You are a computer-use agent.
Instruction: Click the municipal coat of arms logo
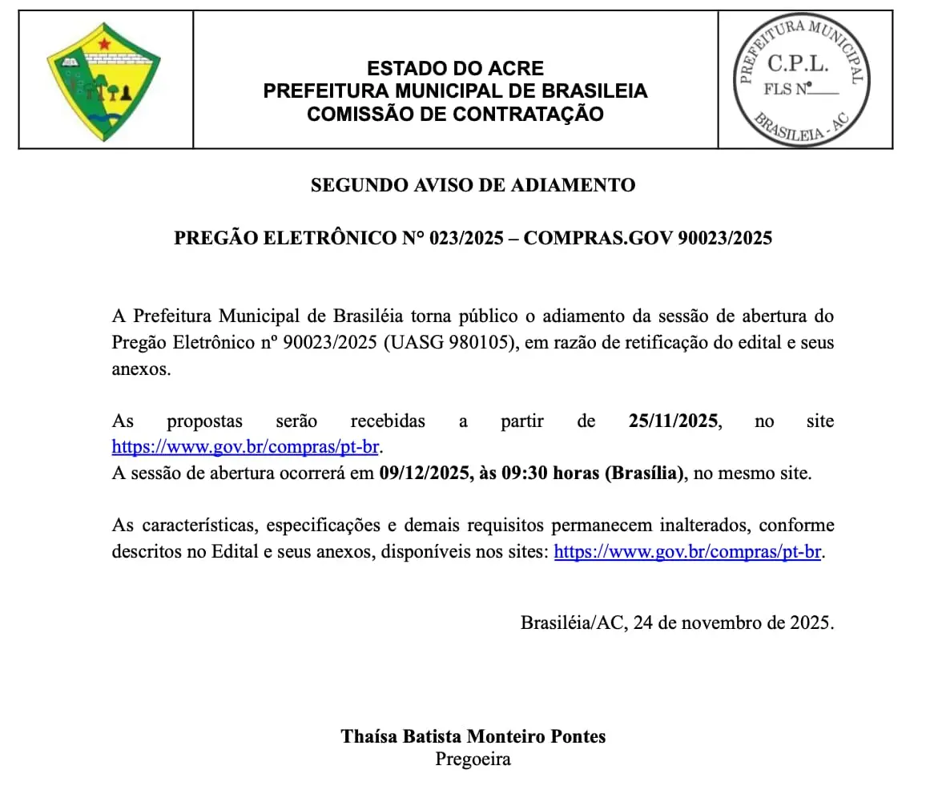[104, 83]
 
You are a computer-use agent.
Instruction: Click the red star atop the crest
[104, 43]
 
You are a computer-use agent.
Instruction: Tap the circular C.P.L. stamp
[804, 79]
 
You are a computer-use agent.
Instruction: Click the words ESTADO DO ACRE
[455, 68]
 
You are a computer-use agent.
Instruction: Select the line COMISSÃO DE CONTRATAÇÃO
[455, 114]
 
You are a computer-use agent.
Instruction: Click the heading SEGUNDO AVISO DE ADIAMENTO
[473, 185]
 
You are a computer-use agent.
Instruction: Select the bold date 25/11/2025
[674, 421]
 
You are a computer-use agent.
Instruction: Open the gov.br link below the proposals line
[245, 447]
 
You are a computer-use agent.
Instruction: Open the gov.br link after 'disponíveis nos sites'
[687, 552]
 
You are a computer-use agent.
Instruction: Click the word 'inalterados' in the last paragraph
[705, 526]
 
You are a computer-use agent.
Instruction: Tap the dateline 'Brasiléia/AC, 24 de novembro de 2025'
[677, 623]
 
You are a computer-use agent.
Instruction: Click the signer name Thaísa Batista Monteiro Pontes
[473, 736]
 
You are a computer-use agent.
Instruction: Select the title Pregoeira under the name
[473, 760]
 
